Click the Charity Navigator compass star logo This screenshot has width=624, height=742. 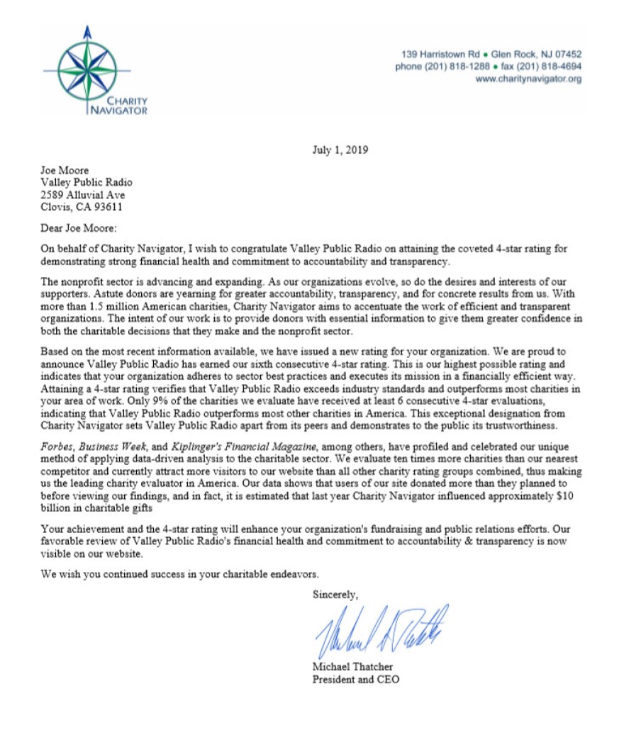[86, 71]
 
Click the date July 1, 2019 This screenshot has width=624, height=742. [340, 150]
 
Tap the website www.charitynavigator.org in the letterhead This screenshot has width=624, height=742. [528, 79]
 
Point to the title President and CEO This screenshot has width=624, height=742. [356, 680]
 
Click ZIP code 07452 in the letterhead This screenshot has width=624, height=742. [566, 54]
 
